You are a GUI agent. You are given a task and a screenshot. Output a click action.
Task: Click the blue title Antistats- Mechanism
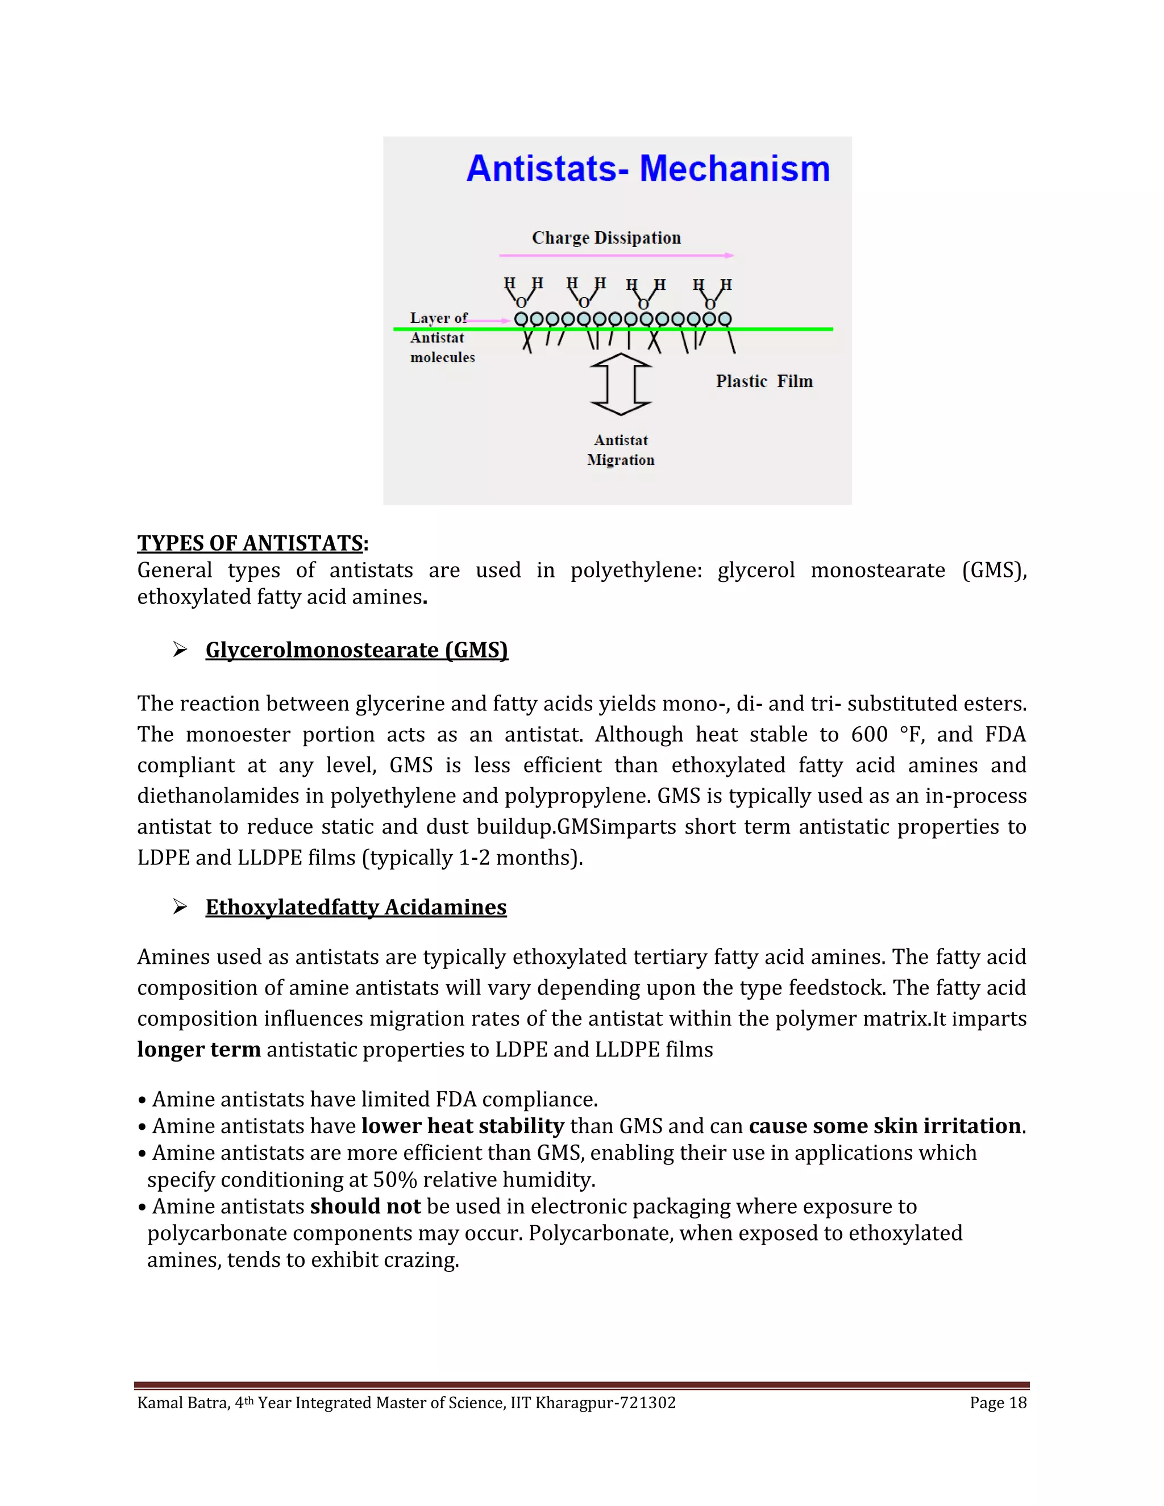click(647, 169)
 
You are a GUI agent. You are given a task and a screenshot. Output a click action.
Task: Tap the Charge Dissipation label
click(606, 238)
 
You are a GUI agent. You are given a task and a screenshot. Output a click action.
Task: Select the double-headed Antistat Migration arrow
click(621, 384)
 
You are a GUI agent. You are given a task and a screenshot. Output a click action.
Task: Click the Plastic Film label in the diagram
click(764, 381)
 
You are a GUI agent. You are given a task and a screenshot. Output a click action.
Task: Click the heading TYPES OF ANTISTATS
click(250, 543)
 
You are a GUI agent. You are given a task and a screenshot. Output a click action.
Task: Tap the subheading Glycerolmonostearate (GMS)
click(356, 650)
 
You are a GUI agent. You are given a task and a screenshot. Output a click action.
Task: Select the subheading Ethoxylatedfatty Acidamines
click(356, 908)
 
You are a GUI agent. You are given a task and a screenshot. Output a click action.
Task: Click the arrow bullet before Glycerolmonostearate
click(180, 650)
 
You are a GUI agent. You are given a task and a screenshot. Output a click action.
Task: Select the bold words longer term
click(198, 1050)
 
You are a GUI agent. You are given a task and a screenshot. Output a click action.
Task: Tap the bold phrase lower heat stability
click(463, 1126)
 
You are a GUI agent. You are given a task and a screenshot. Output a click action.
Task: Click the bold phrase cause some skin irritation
click(884, 1126)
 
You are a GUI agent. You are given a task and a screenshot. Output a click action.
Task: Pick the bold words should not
click(365, 1206)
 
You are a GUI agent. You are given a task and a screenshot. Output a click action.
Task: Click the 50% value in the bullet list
click(394, 1180)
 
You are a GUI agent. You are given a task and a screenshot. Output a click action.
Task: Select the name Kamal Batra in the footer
click(182, 1403)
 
